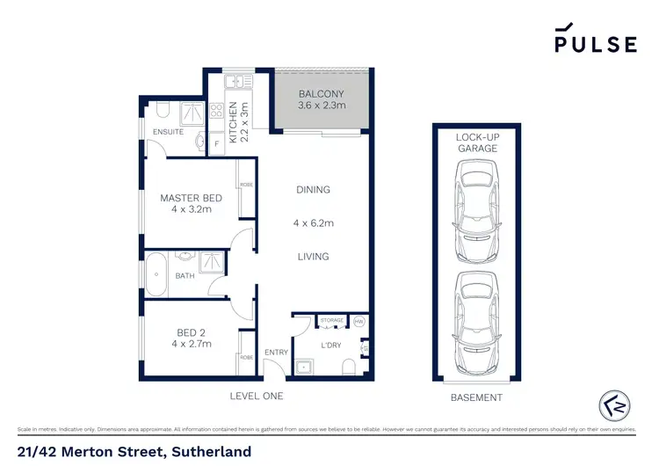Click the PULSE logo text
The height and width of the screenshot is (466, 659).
pyautogui.click(x=595, y=44)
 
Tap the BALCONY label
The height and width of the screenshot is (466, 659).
pyautogui.click(x=321, y=93)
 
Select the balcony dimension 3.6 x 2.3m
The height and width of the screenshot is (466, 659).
pyautogui.click(x=321, y=106)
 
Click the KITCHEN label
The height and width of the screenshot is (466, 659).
pyautogui.click(x=233, y=122)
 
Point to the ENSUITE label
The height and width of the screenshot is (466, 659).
pyautogui.click(x=168, y=132)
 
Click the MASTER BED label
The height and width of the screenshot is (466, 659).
pyautogui.click(x=191, y=198)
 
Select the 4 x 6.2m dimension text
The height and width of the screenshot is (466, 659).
pyautogui.click(x=313, y=223)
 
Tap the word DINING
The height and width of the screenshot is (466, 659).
pyautogui.click(x=313, y=190)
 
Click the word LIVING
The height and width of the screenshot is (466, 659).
pyautogui.click(x=313, y=257)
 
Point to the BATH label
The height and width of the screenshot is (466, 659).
pyautogui.click(x=185, y=276)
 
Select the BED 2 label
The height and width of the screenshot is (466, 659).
pyautogui.click(x=191, y=331)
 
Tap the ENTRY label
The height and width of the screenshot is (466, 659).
pyautogui.click(x=276, y=353)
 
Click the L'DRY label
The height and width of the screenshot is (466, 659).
pyautogui.click(x=330, y=346)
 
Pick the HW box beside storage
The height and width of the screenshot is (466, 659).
pyautogui.click(x=358, y=322)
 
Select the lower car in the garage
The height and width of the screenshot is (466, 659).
pyautogui.click(x=475, y=320)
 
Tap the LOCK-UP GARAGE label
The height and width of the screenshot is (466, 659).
pyautogui.click(x=476, y=142)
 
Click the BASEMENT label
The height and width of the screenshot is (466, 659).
pyautogui.click(x=476, y=398)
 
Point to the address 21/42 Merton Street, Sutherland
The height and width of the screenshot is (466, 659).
pyautogui.click(x=134, y=452)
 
